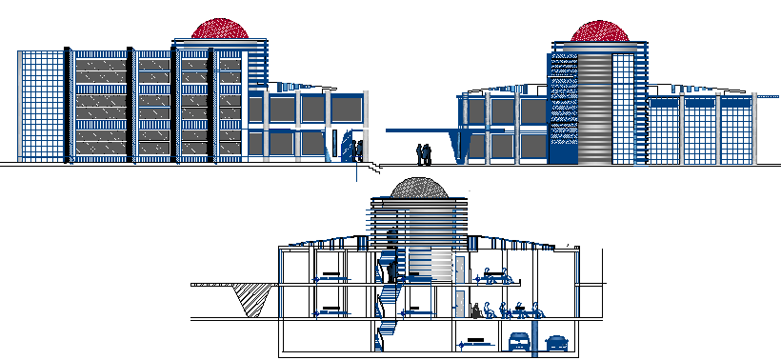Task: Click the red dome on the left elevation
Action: pyautogui.click(x=220, y=29)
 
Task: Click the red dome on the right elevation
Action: pyautogui.click(x=601, y=31)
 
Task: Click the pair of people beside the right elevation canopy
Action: pyautogui.click(x=424, y=153)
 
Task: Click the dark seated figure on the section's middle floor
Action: pyautogui.click(x=475, y=310)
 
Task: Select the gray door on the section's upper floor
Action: pyautogui.click(x=458, y=269)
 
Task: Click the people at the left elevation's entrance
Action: pyautogui.click(x=355, y=150)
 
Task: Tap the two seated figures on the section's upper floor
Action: pyautogui.click(x=500, y=276)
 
